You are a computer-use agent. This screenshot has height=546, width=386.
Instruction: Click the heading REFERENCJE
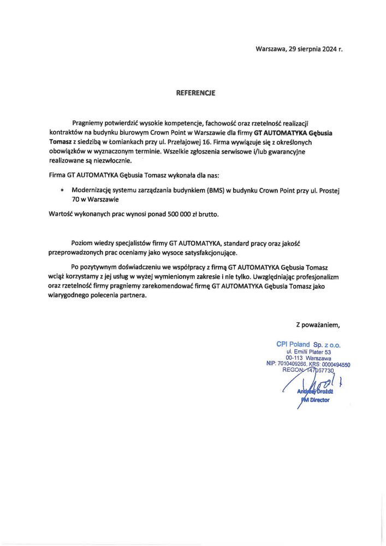point(195,93)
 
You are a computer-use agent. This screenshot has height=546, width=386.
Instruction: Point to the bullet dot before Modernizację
point(63,190)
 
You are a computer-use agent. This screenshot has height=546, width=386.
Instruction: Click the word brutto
point(208,215)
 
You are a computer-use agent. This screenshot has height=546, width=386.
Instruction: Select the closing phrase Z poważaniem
point(318,325)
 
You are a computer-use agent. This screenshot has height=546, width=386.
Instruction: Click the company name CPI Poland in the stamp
point(293,345)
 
